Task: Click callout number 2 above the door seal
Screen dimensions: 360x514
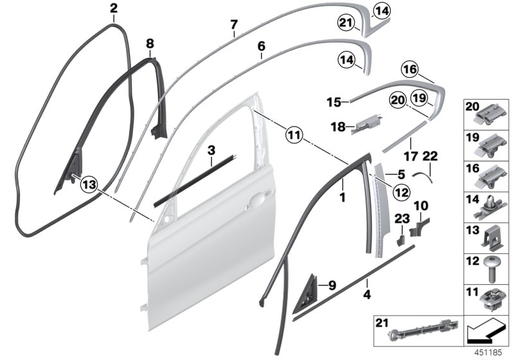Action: [x=114, y=8]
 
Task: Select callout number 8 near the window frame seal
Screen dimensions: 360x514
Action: [x=150, y=44]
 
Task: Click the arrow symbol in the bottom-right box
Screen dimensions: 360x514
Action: [x=483, y=333]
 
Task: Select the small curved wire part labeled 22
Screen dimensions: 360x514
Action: [x=421, y=172]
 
